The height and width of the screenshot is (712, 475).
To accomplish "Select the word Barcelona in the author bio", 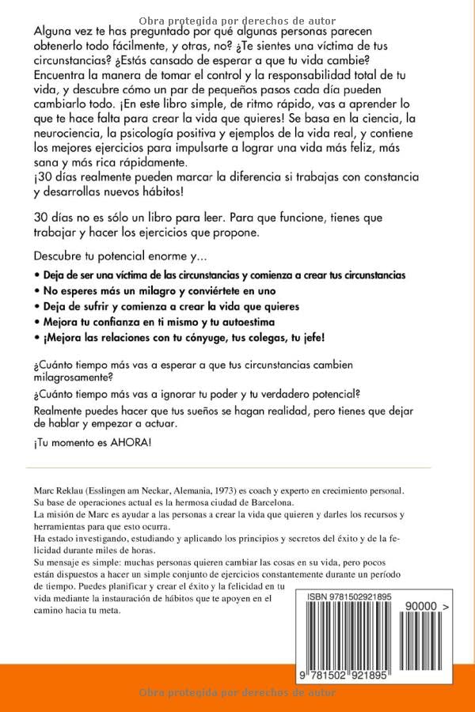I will pyautogui.click(x=268, y=502).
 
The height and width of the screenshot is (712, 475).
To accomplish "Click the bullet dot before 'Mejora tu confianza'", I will pyautogui.click(x=36, y=321).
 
